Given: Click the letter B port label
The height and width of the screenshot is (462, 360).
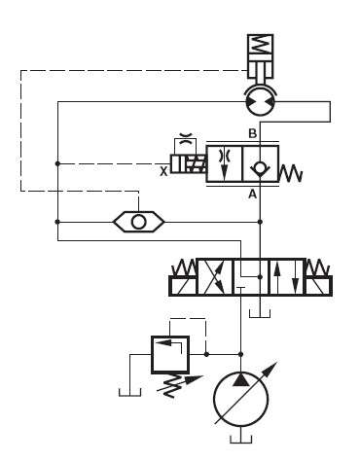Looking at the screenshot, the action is pyautogui.click(x=252, y=132).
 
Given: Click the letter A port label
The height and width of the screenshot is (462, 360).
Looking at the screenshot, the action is pyautogui.click(x=251, y=194).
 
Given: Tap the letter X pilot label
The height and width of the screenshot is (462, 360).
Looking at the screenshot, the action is pyautogui.click(x=163, y=169).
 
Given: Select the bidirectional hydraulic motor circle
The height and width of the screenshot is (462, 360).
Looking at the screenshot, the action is pyautogui.click(x=260, y=100).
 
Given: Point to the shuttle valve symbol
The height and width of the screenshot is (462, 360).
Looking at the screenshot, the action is pyautogui.click(x=139, y=221).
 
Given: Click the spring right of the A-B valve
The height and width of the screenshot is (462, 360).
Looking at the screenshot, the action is pyautogui.click(x=292, y=173).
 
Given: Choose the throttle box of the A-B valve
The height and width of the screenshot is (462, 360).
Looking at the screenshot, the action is pyautogui.click(x=223, y=162).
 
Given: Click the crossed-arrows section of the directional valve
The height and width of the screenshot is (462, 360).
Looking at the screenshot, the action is pyautogui.click(x=214, y=277).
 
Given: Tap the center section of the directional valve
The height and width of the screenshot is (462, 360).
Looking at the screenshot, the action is pyautogui.click(x=250, y=277).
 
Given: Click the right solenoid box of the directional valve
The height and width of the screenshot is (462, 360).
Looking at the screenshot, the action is pyautogui.click(x=318, y=286).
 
